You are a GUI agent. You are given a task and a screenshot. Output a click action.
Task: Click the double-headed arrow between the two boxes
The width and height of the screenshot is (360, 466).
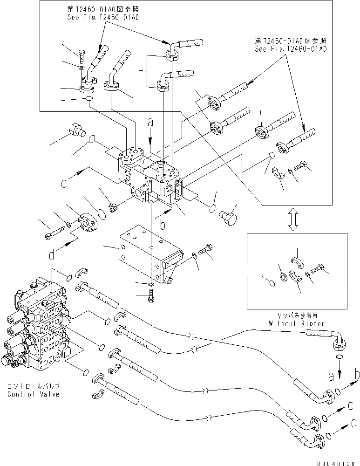(293, 219)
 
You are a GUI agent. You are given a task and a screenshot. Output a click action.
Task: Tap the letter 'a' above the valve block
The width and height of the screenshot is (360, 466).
(150, 123)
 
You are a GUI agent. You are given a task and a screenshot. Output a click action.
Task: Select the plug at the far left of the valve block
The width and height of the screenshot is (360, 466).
(76, 129)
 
